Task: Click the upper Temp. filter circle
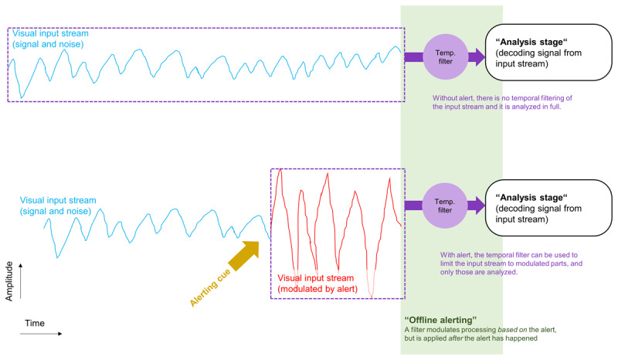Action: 446,56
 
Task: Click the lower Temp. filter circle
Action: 446,205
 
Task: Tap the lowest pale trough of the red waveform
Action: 373,294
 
